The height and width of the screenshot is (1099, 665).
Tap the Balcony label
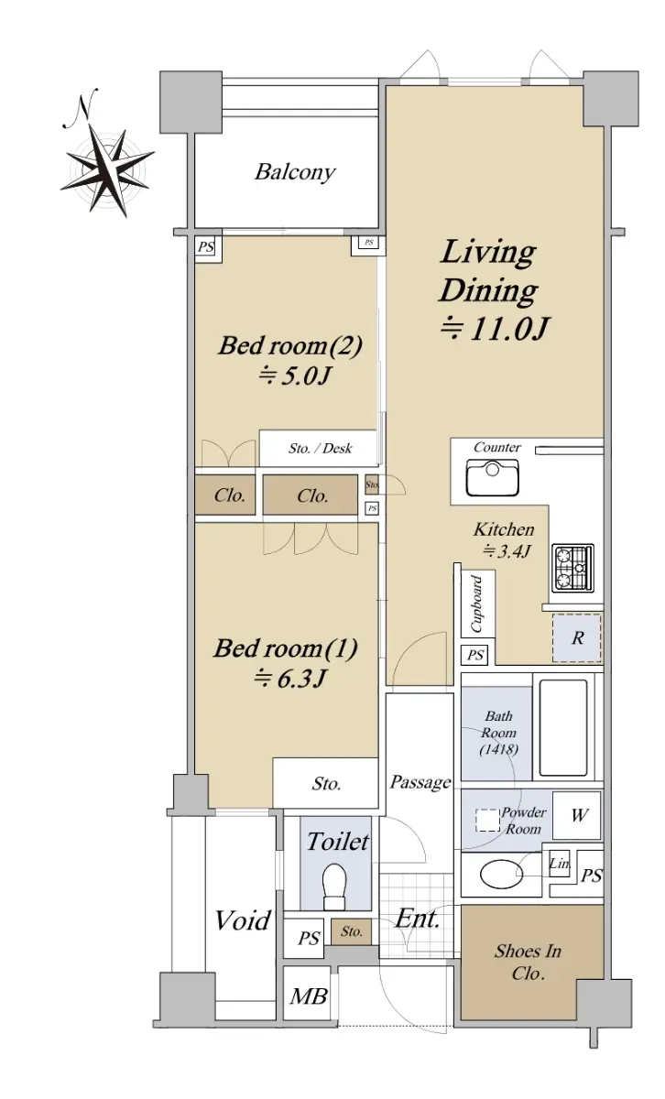295,172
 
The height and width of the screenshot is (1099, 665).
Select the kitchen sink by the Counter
492,477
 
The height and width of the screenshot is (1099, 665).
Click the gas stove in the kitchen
573,567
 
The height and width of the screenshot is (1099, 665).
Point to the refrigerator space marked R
577,637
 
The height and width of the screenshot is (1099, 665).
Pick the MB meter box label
308,996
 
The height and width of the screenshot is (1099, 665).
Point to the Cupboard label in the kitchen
476,604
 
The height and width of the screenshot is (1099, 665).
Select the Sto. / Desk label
320,448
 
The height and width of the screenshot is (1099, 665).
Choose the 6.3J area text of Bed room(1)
289,679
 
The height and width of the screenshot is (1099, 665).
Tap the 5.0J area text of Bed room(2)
294,375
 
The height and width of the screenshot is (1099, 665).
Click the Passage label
420,781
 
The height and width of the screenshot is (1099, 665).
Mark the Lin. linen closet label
559,863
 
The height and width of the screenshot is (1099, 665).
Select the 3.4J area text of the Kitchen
506,551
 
